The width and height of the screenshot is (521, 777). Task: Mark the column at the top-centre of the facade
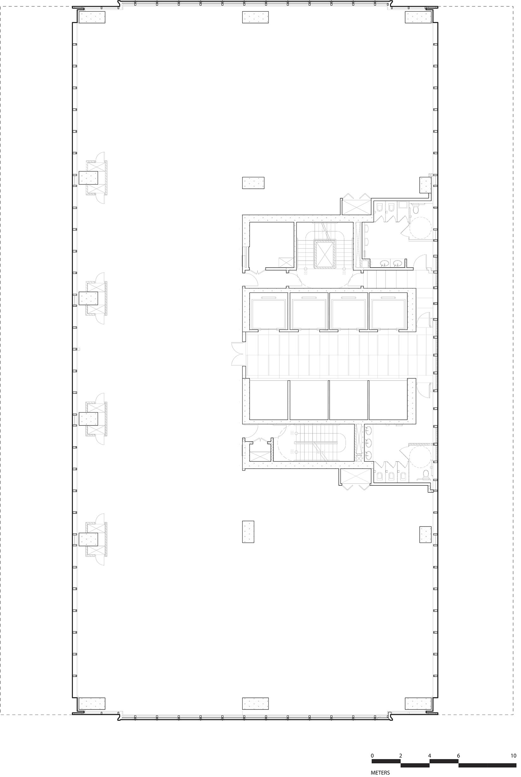click(x=255, y=17)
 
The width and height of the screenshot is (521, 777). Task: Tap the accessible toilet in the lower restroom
click(x=426, y=476)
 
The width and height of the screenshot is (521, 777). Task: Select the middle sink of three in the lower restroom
click(x=368, y=442)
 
